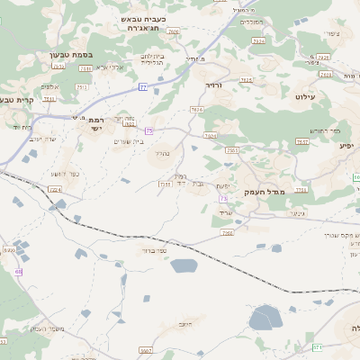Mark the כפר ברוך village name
coord(154,251)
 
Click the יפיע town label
coord(345,145)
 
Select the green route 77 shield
coord(142,87)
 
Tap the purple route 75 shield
coord(149,131)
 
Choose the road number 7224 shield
coord(56,190)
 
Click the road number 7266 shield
coord(228,232)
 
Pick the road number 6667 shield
coord(146,350)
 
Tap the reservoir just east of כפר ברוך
coord(184,265)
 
